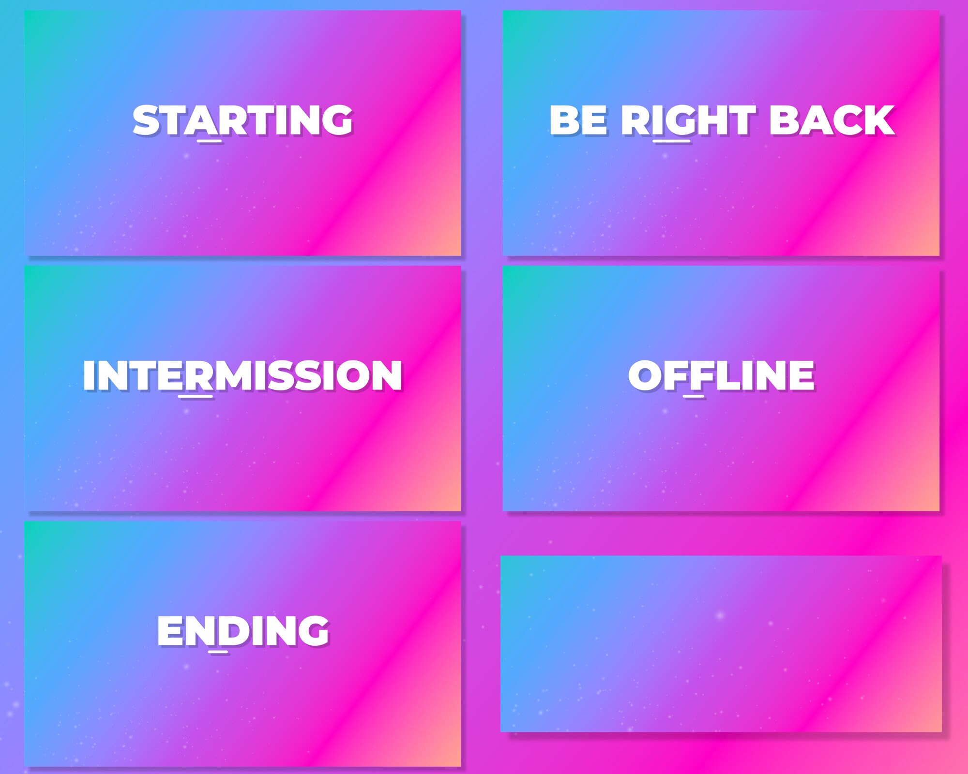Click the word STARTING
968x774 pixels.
(242, 120)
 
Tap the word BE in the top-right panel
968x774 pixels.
(578, 120)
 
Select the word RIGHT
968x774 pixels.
(688, 120)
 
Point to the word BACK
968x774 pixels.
(831, 120)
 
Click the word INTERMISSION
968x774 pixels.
(242, 375)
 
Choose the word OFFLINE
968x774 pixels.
(721, 375)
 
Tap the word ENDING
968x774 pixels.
(242, 631)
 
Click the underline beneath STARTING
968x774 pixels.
(210, 141)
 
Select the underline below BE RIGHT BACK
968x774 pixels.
(671, 141)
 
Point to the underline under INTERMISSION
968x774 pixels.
(196, 397)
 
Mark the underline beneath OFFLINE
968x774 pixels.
(694, 397)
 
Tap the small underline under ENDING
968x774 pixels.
(218, 652)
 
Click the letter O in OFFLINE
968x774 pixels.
(645, 375)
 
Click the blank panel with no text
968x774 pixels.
(721, 643)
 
